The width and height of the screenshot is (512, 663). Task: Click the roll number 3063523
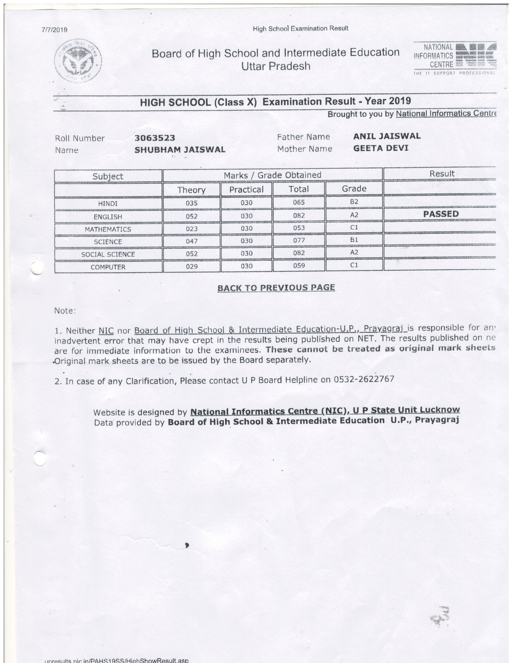(155, 138)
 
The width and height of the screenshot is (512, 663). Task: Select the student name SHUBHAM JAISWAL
(180, 150)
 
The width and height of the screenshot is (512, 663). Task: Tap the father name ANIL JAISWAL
(387, 136)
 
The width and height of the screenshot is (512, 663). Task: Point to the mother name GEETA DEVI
(381, 148)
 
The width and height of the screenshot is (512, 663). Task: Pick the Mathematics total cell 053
(299, 228)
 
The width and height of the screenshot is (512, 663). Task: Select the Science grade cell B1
(354, 240)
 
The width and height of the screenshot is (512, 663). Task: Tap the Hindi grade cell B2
(354, 202)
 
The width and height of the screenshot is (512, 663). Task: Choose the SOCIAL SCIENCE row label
(108, 254)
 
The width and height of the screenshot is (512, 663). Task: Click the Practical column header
(246, 190)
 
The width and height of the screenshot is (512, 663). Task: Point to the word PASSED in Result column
(441, 214)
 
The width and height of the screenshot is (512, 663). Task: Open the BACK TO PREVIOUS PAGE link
(276, 288)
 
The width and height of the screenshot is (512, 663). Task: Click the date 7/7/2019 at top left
(55, 30)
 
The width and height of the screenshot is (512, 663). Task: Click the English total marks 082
(299, 216)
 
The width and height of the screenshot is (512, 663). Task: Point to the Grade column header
(354, 189)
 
